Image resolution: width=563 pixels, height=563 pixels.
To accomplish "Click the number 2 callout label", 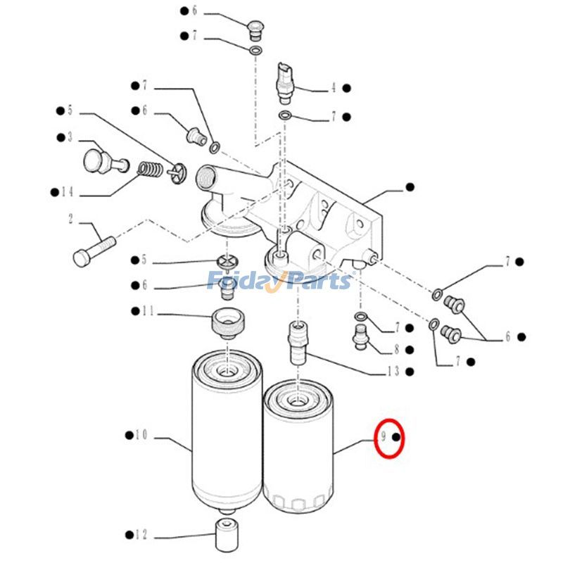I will click(70, 219).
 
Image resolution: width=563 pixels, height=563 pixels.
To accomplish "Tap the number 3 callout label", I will click(70, 137).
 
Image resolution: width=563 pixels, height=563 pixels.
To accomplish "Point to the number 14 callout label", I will click(67, 191).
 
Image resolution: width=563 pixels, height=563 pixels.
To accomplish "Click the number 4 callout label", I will click(333, 89).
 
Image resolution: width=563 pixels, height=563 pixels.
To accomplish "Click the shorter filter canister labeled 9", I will click(298, 446).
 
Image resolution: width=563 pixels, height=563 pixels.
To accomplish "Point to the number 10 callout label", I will click(141, 436).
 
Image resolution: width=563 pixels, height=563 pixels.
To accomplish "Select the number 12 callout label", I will click(141, 535).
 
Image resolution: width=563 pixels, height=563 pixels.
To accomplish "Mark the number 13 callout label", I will click(392, 371).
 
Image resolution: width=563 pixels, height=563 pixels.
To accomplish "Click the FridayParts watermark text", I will click(279, 281).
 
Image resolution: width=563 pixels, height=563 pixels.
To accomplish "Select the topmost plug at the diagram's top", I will click(255, 30).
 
